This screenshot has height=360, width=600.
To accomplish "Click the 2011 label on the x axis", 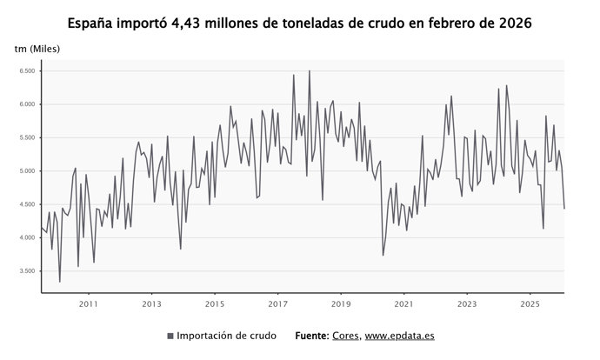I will (88, 303).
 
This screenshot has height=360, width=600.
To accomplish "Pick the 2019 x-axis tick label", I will (341, 303).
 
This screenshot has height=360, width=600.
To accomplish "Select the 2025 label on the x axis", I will (530, 303).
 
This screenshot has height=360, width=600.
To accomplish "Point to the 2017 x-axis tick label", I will (277, 303).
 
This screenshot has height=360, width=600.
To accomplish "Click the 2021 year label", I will (404, 303).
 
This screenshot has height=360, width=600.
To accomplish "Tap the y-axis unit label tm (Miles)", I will (37, 48).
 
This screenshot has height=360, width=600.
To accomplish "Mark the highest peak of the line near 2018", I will (309, 71).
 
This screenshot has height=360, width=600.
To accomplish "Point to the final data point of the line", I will (564, 209).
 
